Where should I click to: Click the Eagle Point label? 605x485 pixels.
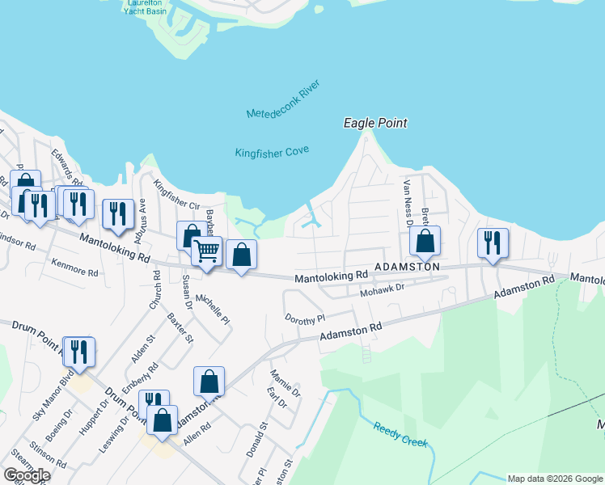374,123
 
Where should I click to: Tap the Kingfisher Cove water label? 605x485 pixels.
273,151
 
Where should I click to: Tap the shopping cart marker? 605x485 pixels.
207,251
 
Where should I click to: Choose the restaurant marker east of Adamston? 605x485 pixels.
493,242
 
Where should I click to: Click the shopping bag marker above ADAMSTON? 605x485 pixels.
425,240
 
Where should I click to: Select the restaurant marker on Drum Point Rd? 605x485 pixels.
78,352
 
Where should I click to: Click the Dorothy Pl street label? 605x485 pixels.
304,319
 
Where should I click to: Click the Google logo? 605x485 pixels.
27,475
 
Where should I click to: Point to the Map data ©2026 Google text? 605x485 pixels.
554,479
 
